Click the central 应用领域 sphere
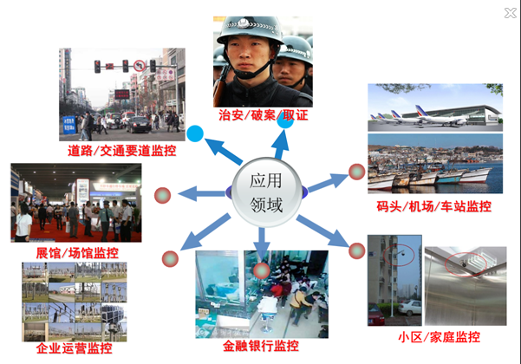coord(266,192)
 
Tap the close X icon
coord(510,13)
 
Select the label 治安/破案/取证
coord(264,115)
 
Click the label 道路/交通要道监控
coord(121,151)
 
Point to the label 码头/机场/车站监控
coord(433,206)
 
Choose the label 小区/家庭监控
coord(439,337)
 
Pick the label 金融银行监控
coord(260,346)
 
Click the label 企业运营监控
coord(74,348)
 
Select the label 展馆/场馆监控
coord(77,253)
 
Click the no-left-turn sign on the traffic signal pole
coord(140,66)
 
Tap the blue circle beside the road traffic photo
coord(195,133)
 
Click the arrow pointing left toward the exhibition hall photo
coord(203,193)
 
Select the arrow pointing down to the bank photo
coord(262,244)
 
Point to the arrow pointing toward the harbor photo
coord(328,182)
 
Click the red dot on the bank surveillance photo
coord(262,270)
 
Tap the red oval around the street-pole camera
coord(399,255)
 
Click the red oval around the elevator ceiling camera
coord(466,264)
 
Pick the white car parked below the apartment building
coord(410,308)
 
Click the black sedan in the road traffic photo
coord(139,125)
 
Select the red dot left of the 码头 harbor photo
coord(357,172)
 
